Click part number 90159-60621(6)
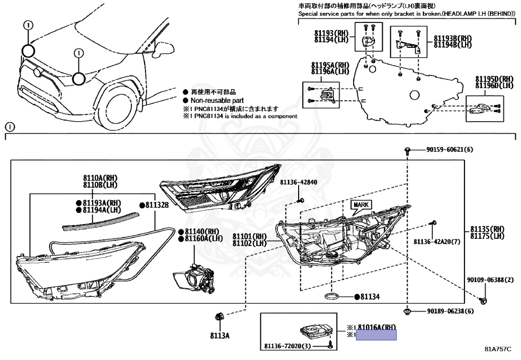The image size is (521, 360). click(x=449, y=150)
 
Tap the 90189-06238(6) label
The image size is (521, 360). click(x=450, y=311)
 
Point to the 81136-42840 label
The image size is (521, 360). click(x=298, y=182)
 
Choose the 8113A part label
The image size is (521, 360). click(x=221, y=336)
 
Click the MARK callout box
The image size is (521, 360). click(x=361, y=205)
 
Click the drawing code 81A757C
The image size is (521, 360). click(x=497, y=349)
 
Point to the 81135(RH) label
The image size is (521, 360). click(x=487, y=229)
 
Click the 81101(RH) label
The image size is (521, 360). click(x=250, y=237)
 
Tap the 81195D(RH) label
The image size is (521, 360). click(x=495, y=79)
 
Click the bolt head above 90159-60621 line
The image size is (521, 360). click(x=408, y=150)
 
